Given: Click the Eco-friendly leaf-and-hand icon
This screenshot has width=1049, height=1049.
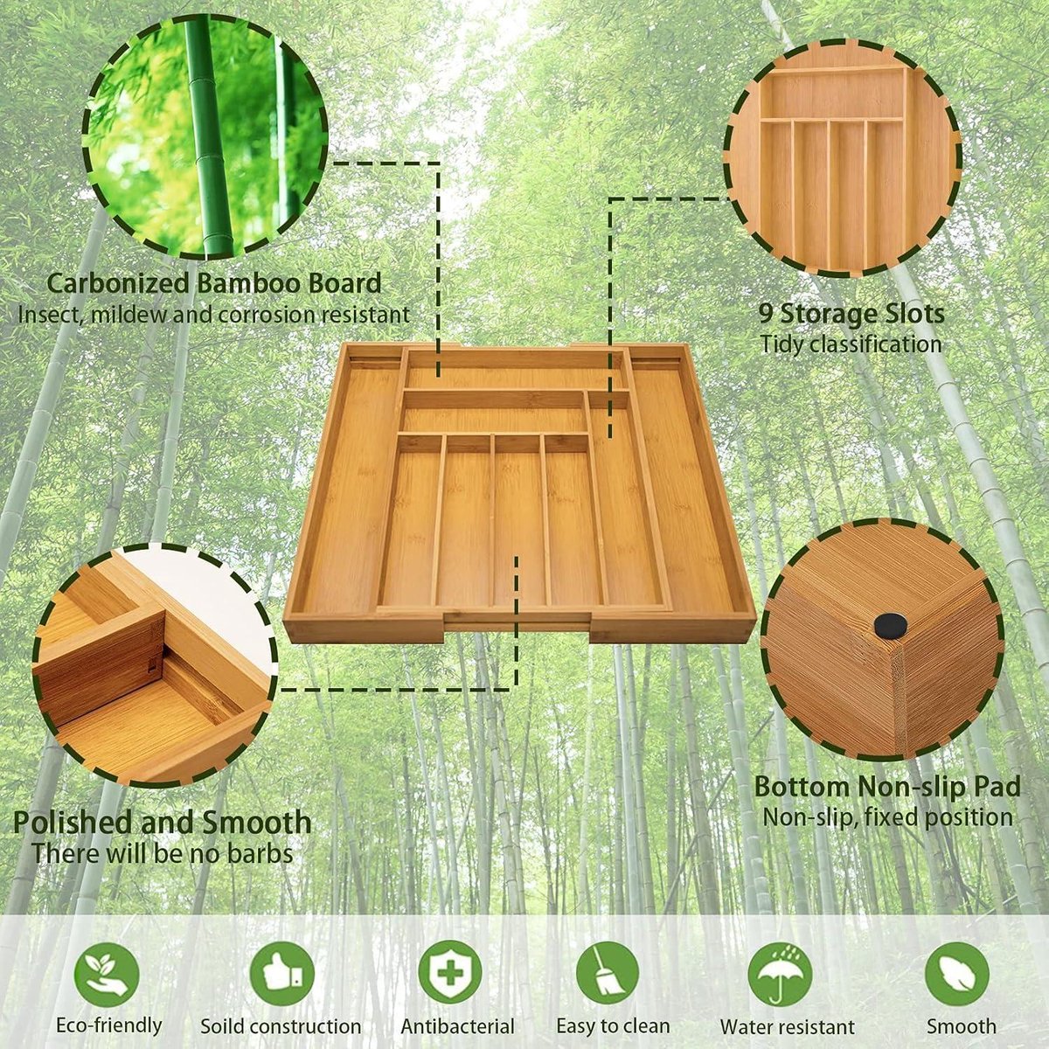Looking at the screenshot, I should point(107,974).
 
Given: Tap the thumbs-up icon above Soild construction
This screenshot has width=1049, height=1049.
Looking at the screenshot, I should point(281,974).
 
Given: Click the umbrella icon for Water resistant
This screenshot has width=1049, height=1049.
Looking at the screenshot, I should point(780,974).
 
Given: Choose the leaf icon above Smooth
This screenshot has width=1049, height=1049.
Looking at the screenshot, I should point(956,974).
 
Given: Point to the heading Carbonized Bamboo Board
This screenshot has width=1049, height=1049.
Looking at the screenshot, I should point(213,283).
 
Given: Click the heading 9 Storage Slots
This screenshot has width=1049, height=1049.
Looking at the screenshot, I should point(851,313).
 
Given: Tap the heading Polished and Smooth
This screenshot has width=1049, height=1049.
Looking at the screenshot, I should point(163,823).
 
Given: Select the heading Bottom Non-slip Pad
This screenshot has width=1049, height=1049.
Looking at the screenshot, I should point(887,786).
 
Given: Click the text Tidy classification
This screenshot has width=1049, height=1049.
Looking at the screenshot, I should point(851,344).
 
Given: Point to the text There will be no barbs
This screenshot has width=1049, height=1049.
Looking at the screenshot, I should point(163,853).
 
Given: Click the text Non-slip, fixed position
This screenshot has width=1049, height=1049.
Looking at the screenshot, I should point(887,817).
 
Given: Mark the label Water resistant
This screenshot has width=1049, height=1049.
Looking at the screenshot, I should point(787,1027).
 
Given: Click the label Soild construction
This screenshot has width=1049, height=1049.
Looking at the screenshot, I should point(281,1027).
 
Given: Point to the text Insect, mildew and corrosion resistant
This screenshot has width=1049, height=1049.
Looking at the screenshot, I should point(213,314).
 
